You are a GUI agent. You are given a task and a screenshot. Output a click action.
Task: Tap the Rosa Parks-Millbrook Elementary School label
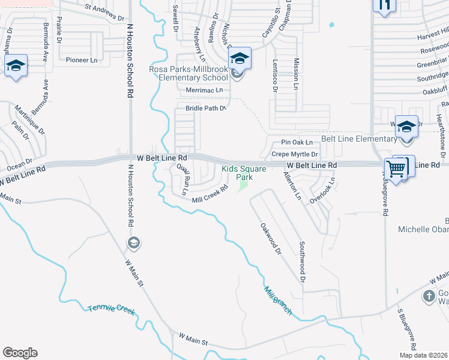pos(188,74)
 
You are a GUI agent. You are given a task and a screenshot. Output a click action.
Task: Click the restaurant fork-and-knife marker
pos(384,5)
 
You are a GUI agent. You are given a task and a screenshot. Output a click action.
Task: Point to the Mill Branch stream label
pos(278,301)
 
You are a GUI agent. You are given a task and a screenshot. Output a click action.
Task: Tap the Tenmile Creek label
pos(112,309)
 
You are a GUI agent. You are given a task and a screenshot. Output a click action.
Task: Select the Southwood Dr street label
pos(303,262)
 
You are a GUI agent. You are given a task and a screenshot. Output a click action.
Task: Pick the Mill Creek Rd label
pos(210,194)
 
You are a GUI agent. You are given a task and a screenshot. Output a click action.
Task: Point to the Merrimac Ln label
pos(204,90)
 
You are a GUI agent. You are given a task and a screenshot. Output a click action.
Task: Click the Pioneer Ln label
pos(82,60)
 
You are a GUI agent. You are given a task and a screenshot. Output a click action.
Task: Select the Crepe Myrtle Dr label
pos(294,154)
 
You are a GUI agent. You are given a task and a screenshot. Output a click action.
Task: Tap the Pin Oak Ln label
pos(297,143)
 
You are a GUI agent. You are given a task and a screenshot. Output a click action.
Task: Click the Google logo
pos(20,353)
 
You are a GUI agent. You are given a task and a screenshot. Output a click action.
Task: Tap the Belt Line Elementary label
pos(359,139)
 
